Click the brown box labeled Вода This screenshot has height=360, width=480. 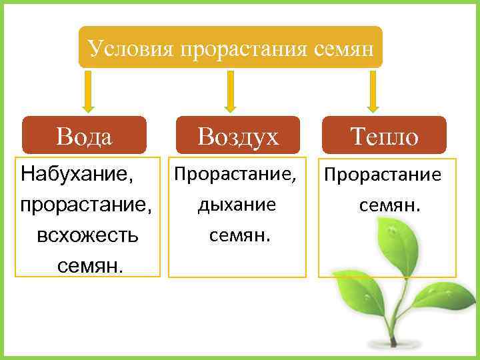[85, 137]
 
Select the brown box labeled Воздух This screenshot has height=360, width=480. [237, 137]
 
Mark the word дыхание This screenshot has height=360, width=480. [236, 205]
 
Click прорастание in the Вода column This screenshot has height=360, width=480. [86, 205]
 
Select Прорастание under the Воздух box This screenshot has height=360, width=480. [235, 175]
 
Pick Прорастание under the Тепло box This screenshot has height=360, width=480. [383, 175]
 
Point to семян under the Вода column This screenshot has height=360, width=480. [90, 266]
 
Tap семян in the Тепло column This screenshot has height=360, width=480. [390, 205]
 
